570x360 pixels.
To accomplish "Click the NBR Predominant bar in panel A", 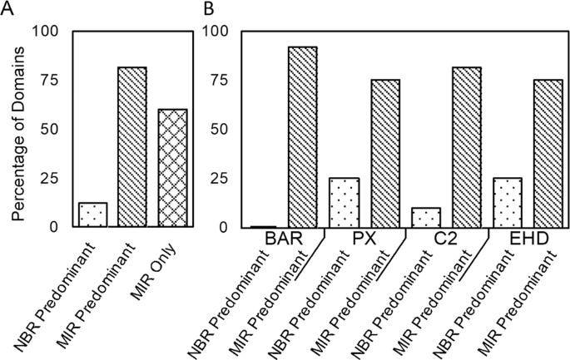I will tap(93, 215).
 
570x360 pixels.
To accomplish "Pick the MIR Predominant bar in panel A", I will tap(132, 146).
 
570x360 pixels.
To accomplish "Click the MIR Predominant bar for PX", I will tap(385, 153).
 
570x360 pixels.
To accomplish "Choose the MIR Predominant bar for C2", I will tap(467, 146).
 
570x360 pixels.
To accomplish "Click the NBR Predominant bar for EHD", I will tap(508, 202).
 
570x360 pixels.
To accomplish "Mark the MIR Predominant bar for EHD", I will tap(548, 153).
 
